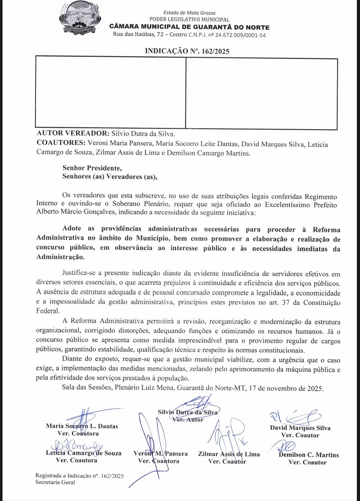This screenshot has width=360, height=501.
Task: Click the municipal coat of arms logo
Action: tap(77, 21)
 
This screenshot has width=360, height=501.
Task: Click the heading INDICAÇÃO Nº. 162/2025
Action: tap(187, 51)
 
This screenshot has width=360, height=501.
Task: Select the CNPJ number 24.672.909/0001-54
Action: tap(240, 35)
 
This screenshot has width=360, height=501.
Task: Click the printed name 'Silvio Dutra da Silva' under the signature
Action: tap(188, 412)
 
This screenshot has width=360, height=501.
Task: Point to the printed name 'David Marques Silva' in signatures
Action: tap(300, 428)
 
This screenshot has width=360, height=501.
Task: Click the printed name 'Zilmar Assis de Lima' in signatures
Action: tap(229, 454)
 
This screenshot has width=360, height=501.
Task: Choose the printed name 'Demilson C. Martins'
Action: tap(309, 455)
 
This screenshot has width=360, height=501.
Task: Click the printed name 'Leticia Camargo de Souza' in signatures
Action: tap(83, 453)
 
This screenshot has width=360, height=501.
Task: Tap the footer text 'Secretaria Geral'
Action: tap(55, 482)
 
